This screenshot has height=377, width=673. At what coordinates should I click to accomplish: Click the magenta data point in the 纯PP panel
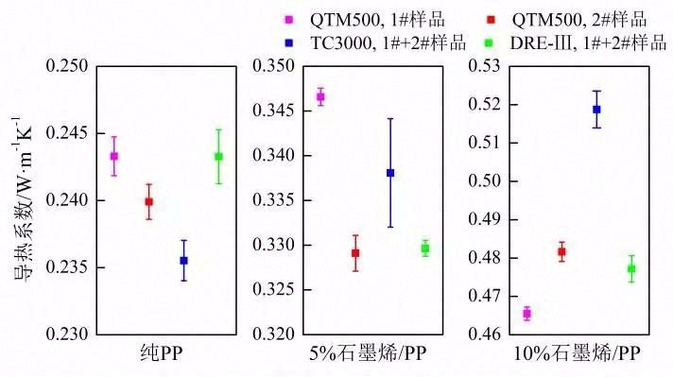point(113,156)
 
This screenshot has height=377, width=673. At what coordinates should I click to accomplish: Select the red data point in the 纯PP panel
point(148,201)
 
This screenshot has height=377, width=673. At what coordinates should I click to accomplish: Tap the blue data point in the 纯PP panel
point(183,260)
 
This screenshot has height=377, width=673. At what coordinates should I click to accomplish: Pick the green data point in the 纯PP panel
point(218,156)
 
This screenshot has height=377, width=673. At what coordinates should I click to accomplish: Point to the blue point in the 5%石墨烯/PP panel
point(389,173)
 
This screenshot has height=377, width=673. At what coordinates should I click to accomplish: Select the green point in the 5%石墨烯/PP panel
point(425,248)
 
